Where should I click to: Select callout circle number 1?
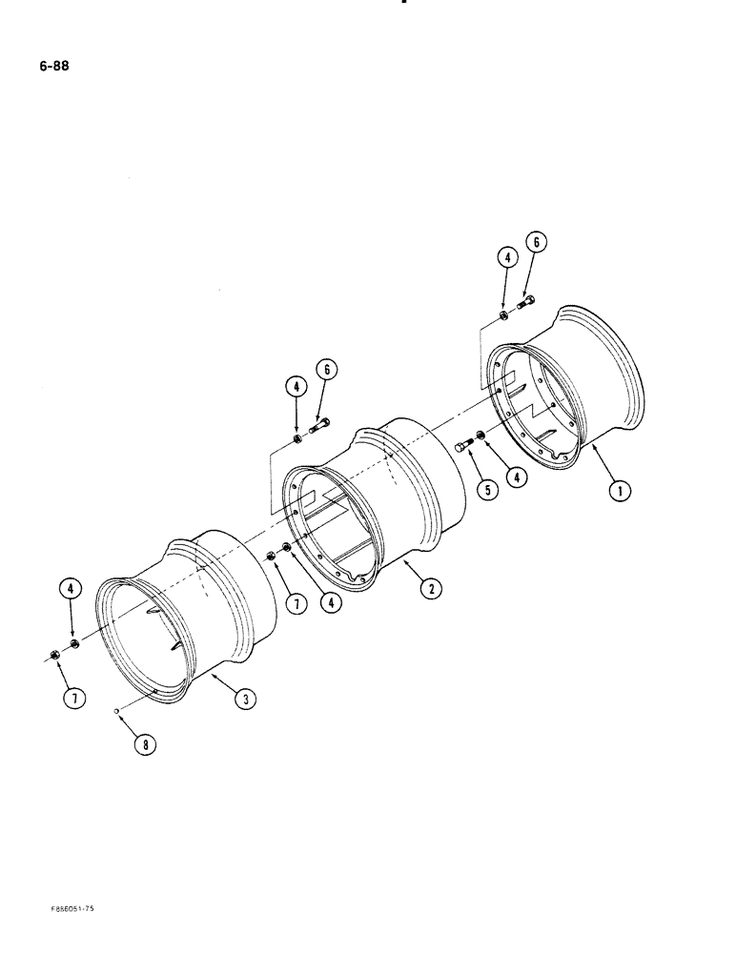620,492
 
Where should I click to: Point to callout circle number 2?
431,590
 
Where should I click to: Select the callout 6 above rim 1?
537,244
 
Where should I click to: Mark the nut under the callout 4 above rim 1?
503,315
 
